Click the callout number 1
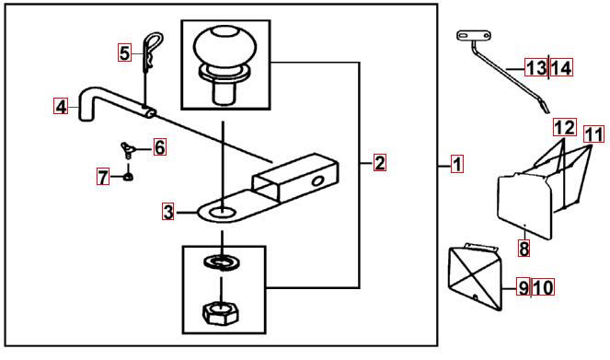point(457,164)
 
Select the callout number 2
point(380,163)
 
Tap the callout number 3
point(168,212)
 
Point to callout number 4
point(61,106)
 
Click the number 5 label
point(124,52)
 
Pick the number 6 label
point(159,147)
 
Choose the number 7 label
point(103,177)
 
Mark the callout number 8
point(524,248)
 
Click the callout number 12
point(565,128)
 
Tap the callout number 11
point(593,134)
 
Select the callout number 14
point(561,68)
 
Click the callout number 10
point(543,287)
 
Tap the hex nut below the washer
point(221,312)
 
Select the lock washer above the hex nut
point(221,261)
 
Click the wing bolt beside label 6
point(127,149)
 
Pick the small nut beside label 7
point(129,177)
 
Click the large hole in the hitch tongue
point(223,213)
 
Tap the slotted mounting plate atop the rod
point(473,36)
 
